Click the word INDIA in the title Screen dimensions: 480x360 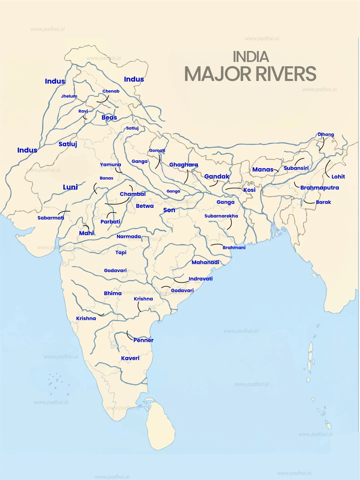(250, 57)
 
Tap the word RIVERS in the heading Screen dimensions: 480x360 (283, 74)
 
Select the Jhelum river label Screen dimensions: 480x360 (69, 96)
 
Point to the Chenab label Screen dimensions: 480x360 (111, 91)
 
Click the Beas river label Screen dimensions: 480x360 (109, 118)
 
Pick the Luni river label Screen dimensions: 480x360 (70, 187)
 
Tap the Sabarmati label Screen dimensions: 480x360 (51, 218)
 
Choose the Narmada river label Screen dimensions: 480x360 (129, 237)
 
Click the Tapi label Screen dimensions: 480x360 (121, 252)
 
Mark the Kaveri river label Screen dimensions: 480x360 (130, 358)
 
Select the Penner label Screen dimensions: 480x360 (143, 340)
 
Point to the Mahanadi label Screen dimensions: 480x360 (205, 262)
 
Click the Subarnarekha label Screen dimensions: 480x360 (221, 216)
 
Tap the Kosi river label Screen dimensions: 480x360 (249, 190)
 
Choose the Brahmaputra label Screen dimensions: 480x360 (319, 188)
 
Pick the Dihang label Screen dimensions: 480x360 (326, 135)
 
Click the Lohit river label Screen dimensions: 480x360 (338, 177)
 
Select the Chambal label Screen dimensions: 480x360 (133, 194)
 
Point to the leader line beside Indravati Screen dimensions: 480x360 (181, 281)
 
